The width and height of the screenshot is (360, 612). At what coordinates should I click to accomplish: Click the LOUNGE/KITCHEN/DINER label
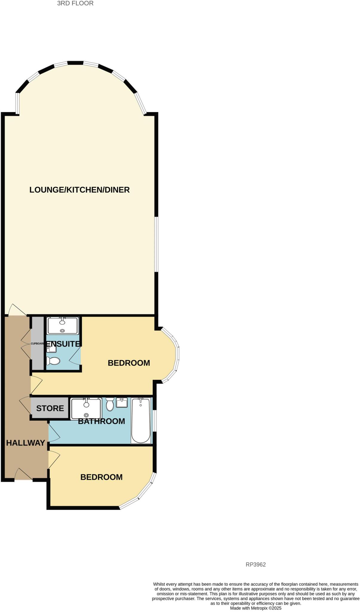coord(79,190)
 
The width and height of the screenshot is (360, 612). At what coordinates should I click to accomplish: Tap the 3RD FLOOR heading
coord(75,3)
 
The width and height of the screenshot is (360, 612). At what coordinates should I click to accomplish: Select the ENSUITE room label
coord(63,344)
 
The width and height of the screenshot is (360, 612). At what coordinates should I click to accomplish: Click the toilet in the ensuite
coord(53,361)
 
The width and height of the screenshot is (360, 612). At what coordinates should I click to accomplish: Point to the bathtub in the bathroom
coord(141,420)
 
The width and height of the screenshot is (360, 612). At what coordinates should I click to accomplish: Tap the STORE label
coord(50,408)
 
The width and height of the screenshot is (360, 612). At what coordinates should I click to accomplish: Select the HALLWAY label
coord(25,443)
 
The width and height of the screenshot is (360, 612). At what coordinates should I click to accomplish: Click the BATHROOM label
coord(102,421)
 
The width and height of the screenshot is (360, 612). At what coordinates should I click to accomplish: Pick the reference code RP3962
coord(255,564)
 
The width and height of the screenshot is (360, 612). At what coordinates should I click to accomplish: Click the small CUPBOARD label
coord(38,344)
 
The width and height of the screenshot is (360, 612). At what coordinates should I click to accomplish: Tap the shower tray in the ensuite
coord(63,325)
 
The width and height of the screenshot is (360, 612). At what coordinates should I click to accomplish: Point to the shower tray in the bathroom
coord(86,408)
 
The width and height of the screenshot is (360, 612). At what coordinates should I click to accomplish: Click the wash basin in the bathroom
coord(122,403)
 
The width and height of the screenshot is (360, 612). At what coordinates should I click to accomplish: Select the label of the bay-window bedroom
coord(129,363)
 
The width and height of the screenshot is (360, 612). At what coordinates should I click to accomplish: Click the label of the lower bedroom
coord(101,477)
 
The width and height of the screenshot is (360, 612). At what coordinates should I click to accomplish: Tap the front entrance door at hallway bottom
coord(23,476)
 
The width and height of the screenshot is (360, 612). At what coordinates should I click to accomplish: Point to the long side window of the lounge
coord(156,244)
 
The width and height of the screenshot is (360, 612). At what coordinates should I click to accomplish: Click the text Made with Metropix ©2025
coord(255,608)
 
